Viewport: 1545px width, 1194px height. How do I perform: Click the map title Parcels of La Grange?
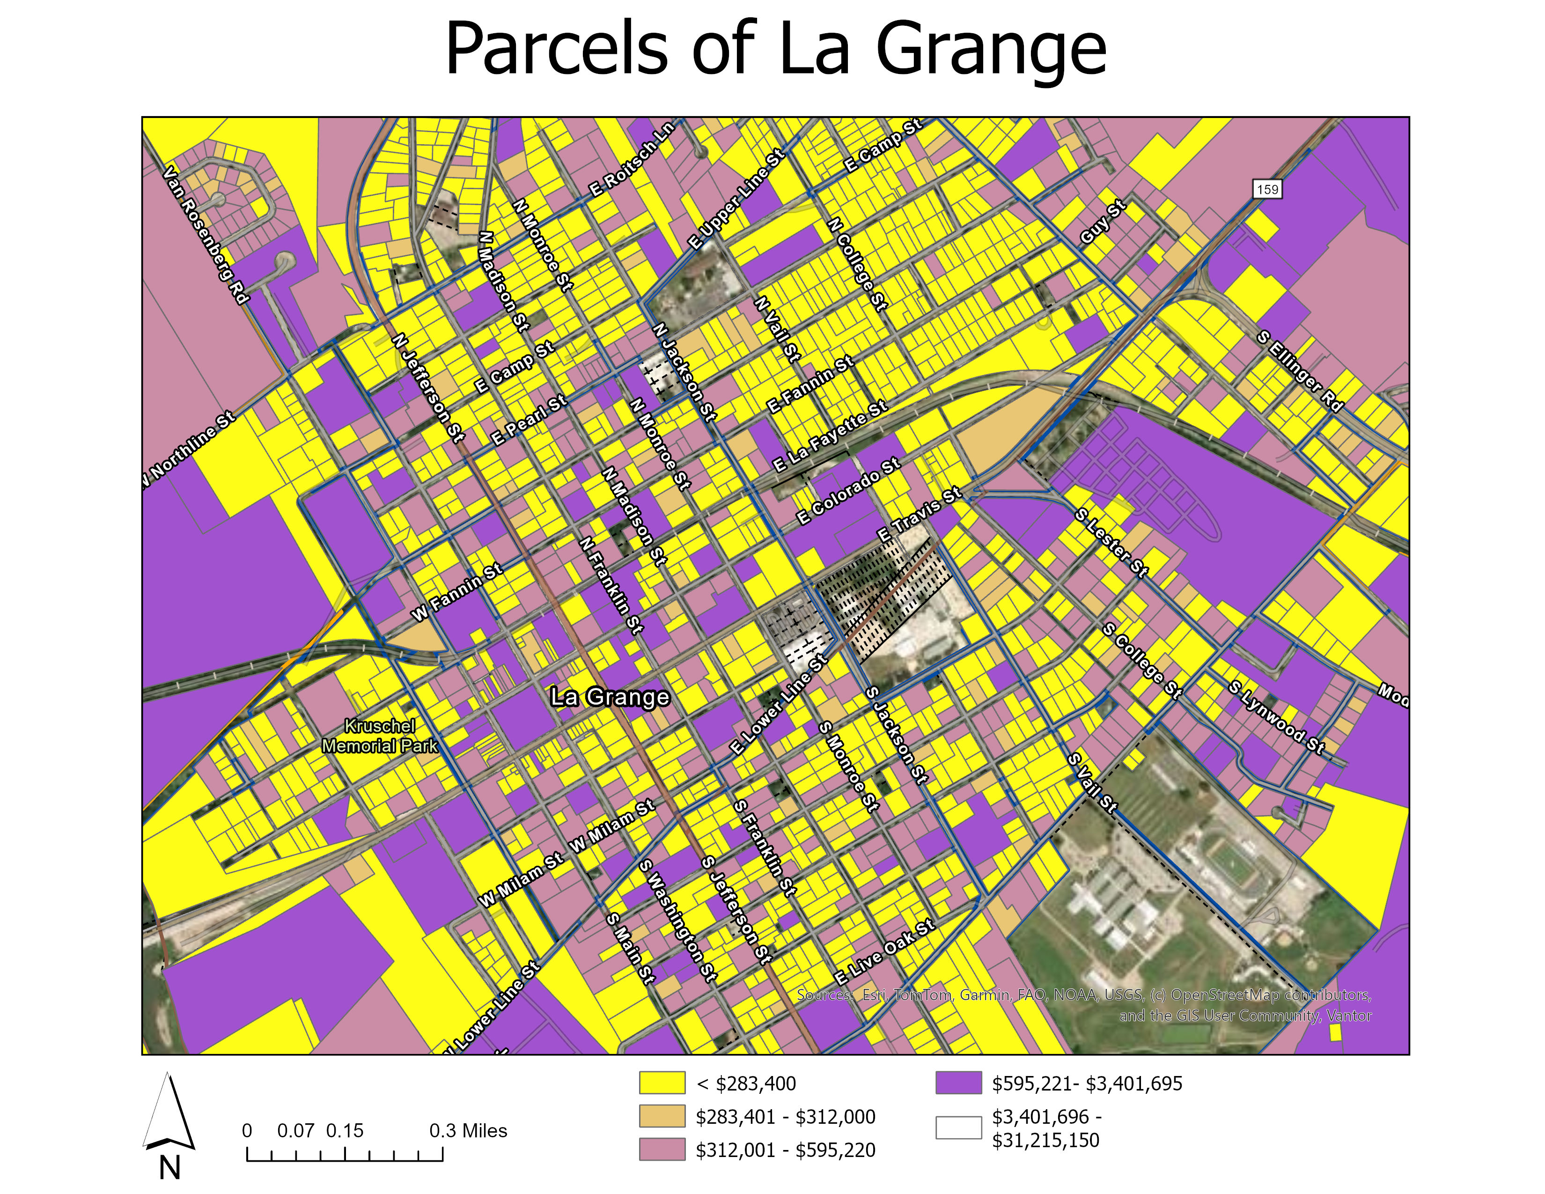pos(775,48)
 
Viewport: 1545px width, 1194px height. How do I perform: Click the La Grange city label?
pos(609,698)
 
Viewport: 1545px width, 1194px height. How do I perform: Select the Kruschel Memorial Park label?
pos(380,736)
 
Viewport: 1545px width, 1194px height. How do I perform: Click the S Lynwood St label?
pos(1276,717)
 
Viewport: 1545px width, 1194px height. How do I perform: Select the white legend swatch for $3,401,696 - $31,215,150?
pos(958,1128)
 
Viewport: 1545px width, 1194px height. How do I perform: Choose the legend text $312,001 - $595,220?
pos(785,1150)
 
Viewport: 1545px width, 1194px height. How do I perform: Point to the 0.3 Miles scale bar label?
pos(468,1130)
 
